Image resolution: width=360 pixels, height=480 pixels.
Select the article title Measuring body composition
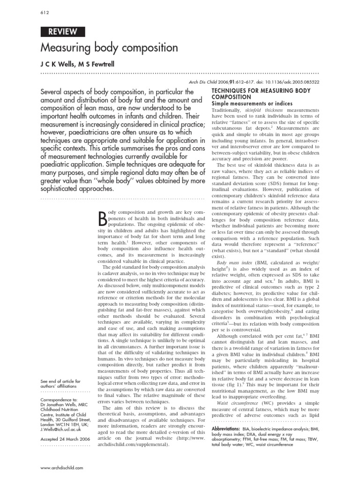[x=109, y=48]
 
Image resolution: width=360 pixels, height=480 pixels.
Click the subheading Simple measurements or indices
[x=252, y=103]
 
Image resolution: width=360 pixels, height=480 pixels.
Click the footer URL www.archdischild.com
[x=62, y=468]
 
